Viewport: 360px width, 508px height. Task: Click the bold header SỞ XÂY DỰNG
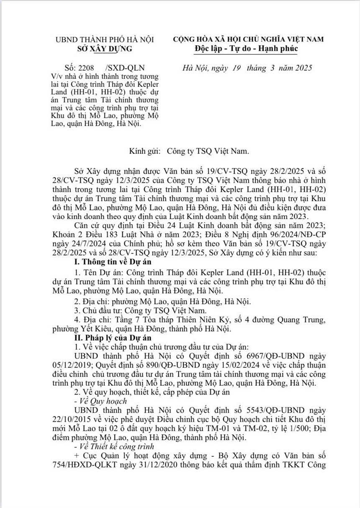pos(105,49)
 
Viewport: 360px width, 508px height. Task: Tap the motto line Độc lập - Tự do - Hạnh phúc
pos(246,49)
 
